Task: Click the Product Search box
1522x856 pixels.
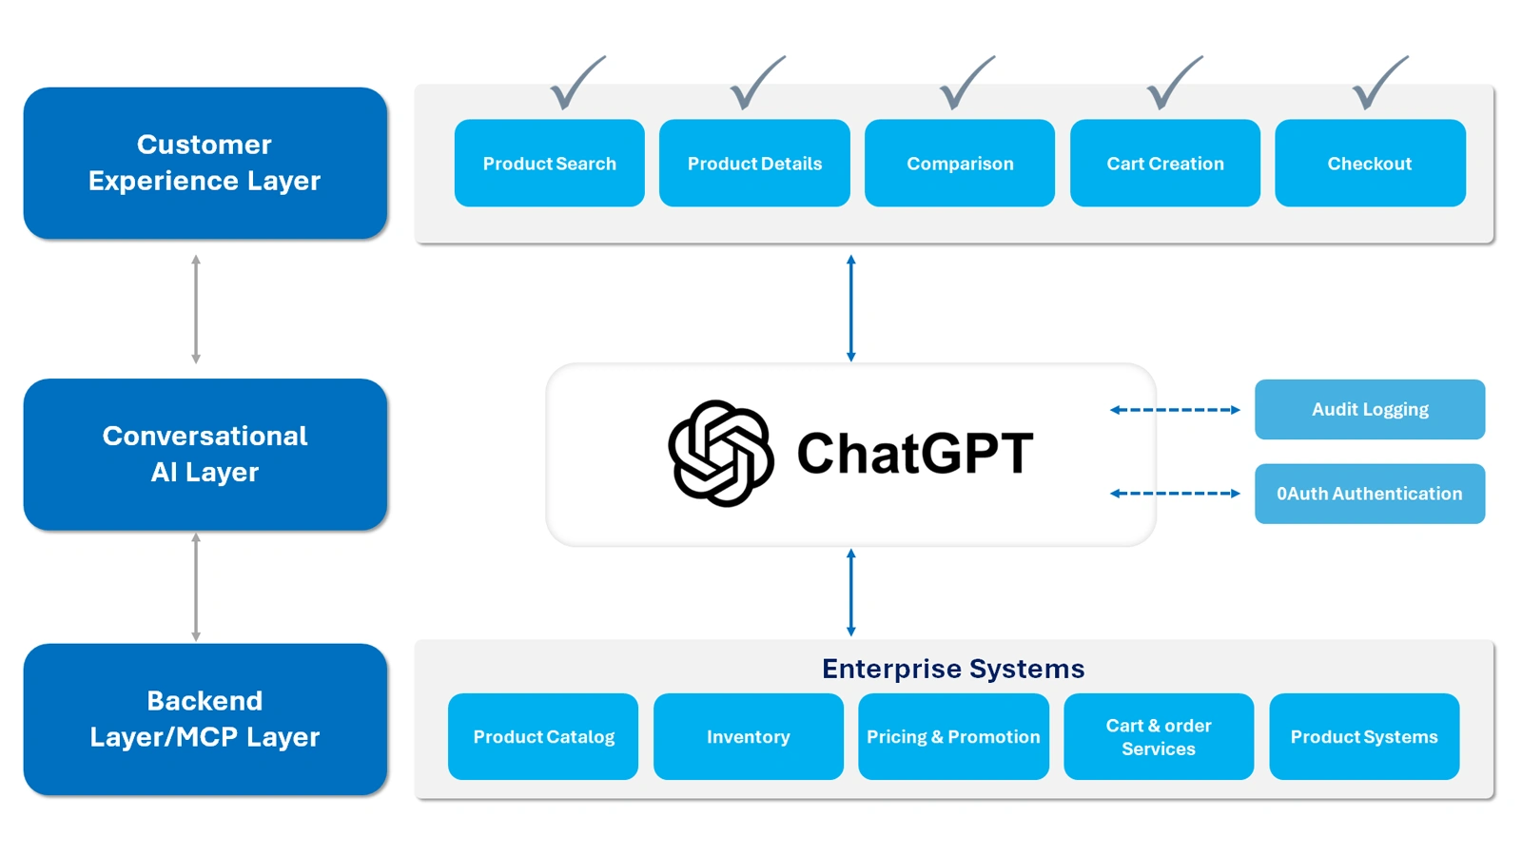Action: [549, 163]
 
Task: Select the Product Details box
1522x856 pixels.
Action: [754, 163]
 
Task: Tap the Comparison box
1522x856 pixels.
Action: [959, 163]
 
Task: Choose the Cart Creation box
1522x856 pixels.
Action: [1164, 163]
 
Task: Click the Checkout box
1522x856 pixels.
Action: [1370, 163]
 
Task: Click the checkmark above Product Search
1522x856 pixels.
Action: [575, 84]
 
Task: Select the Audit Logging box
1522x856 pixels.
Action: [1369, 409]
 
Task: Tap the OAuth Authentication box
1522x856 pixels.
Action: [1369, 494]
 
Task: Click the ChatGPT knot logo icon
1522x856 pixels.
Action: [720, 453]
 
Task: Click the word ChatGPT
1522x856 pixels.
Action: [914, 453]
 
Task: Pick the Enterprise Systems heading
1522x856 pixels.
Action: [953, 669]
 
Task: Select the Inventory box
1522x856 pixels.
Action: [748, 736]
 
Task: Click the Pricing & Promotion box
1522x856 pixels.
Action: [953, 736]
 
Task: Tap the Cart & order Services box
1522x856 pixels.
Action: [1158, 736]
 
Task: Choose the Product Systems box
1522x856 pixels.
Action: [1363, 736]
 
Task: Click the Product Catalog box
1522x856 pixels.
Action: [543, 736]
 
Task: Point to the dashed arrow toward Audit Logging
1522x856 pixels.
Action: [1175, 410]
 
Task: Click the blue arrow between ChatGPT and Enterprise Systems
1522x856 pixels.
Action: [850, 592]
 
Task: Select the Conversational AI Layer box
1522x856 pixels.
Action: [205, 454]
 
